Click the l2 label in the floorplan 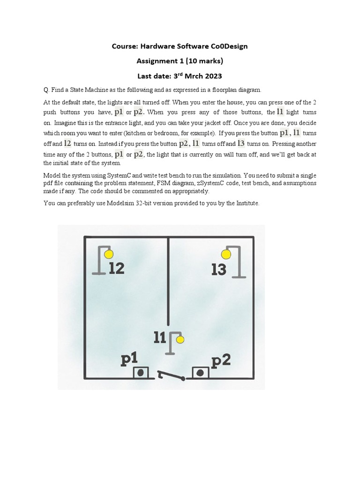point(116,269)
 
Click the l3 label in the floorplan point(219,270)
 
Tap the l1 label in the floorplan point(160,337)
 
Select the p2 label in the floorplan point(221,361)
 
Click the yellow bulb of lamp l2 point(109,255)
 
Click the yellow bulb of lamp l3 point(226,255)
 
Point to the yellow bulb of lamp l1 point(180,339)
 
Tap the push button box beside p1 point(140,373)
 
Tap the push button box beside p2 point(200,373)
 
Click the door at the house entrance point(170,375)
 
